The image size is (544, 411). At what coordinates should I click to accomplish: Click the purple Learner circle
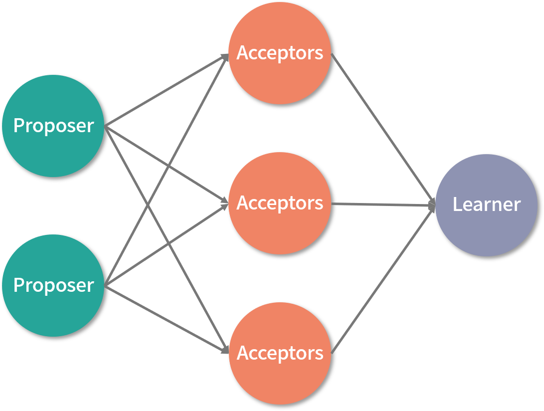(x=487, y=229)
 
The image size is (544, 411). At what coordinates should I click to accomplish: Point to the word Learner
(x=487, y=205)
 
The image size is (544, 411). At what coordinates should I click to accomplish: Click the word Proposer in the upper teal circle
(x=53, y=126)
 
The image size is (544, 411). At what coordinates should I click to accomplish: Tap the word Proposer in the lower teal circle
(x=53, y=285)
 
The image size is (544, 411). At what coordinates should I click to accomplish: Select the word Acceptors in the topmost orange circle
(x=280, y=53)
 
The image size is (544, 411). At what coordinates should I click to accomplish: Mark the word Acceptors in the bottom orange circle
(x=280, y=353)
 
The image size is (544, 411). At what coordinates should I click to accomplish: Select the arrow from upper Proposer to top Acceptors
(x=150, y=100)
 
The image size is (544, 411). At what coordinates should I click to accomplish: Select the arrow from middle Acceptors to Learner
(x=384, y=204)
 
